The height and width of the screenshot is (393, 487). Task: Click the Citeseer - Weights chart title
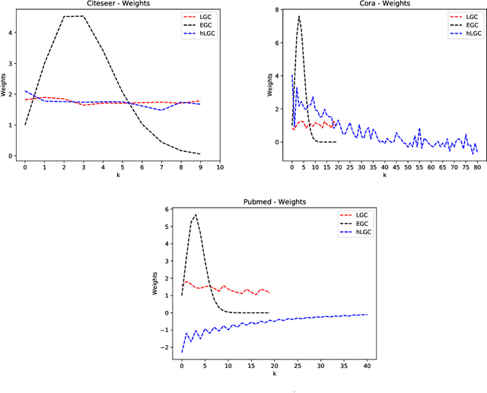[118, 4]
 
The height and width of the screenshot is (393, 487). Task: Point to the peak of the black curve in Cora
[299, 16]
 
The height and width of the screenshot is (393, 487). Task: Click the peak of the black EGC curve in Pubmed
[196, 214]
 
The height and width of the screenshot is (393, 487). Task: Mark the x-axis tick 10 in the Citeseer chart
[220, 166]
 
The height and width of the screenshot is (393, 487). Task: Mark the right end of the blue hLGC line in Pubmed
[367, 314]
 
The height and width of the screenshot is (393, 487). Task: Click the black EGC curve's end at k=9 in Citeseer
[200, 154]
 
